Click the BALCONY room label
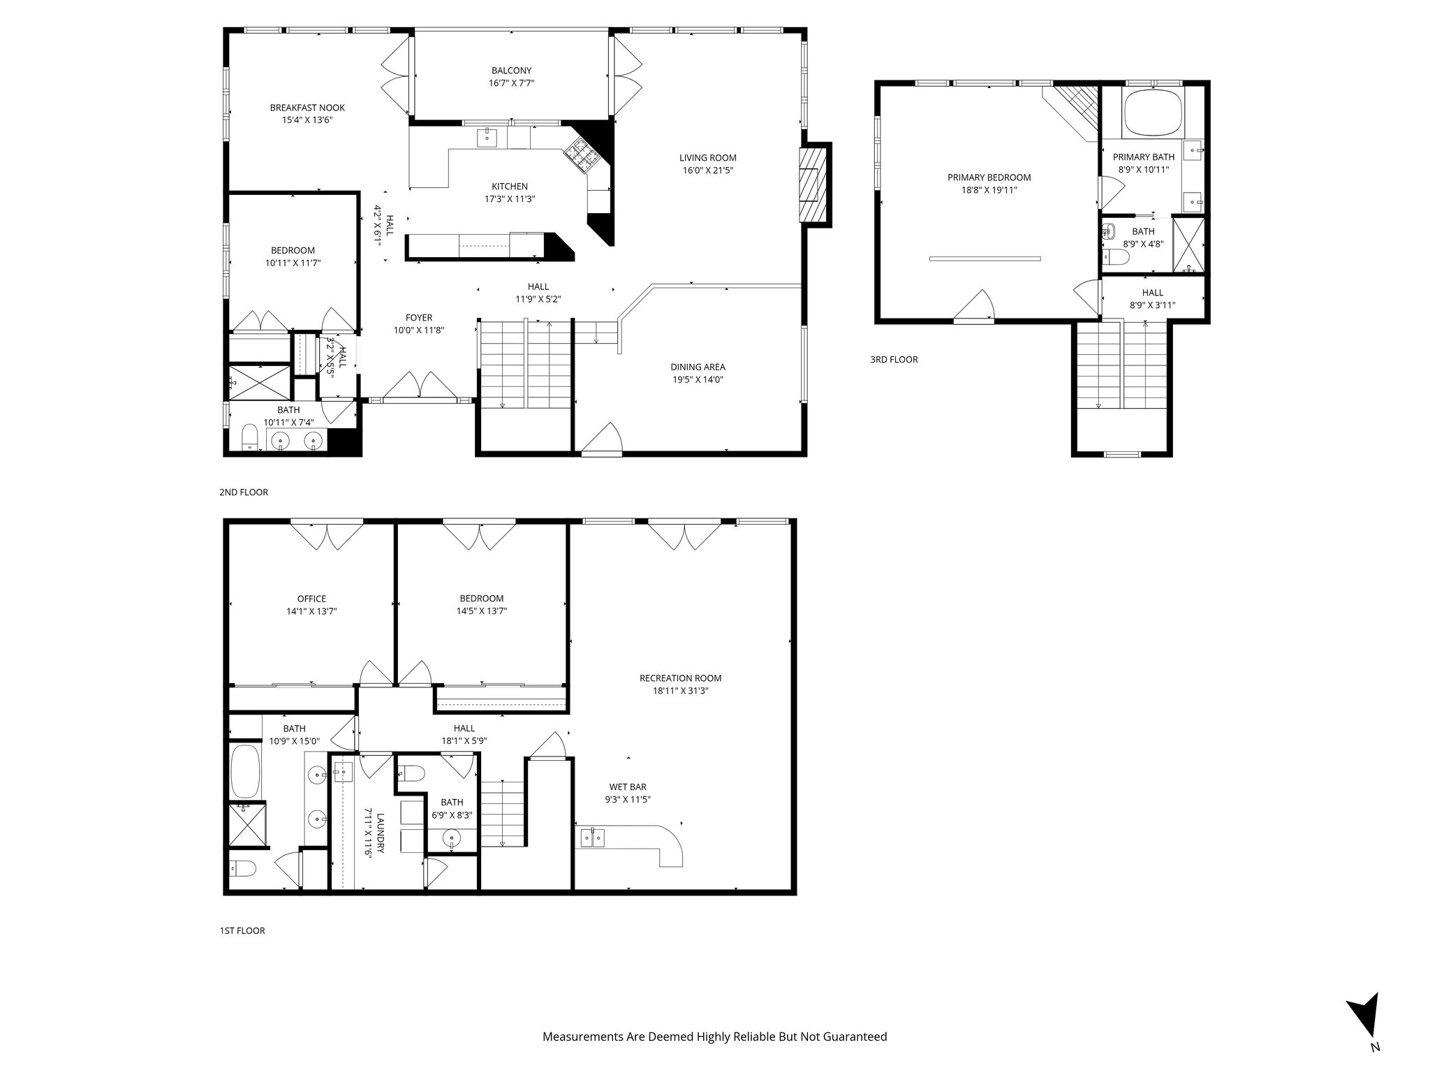click(x=511, y=71)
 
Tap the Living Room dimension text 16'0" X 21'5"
click(x=708, y=170)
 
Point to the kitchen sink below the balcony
click(x=487, y=138)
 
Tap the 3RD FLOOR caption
click(x=894, y=360)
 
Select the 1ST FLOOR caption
click(x=242, y=930)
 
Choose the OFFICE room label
click(x=311, y=599)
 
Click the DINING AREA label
click(x=698, y=367)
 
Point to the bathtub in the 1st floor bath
click(x=245, y=771)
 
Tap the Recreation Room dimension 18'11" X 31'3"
click(x=680, y=691)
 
